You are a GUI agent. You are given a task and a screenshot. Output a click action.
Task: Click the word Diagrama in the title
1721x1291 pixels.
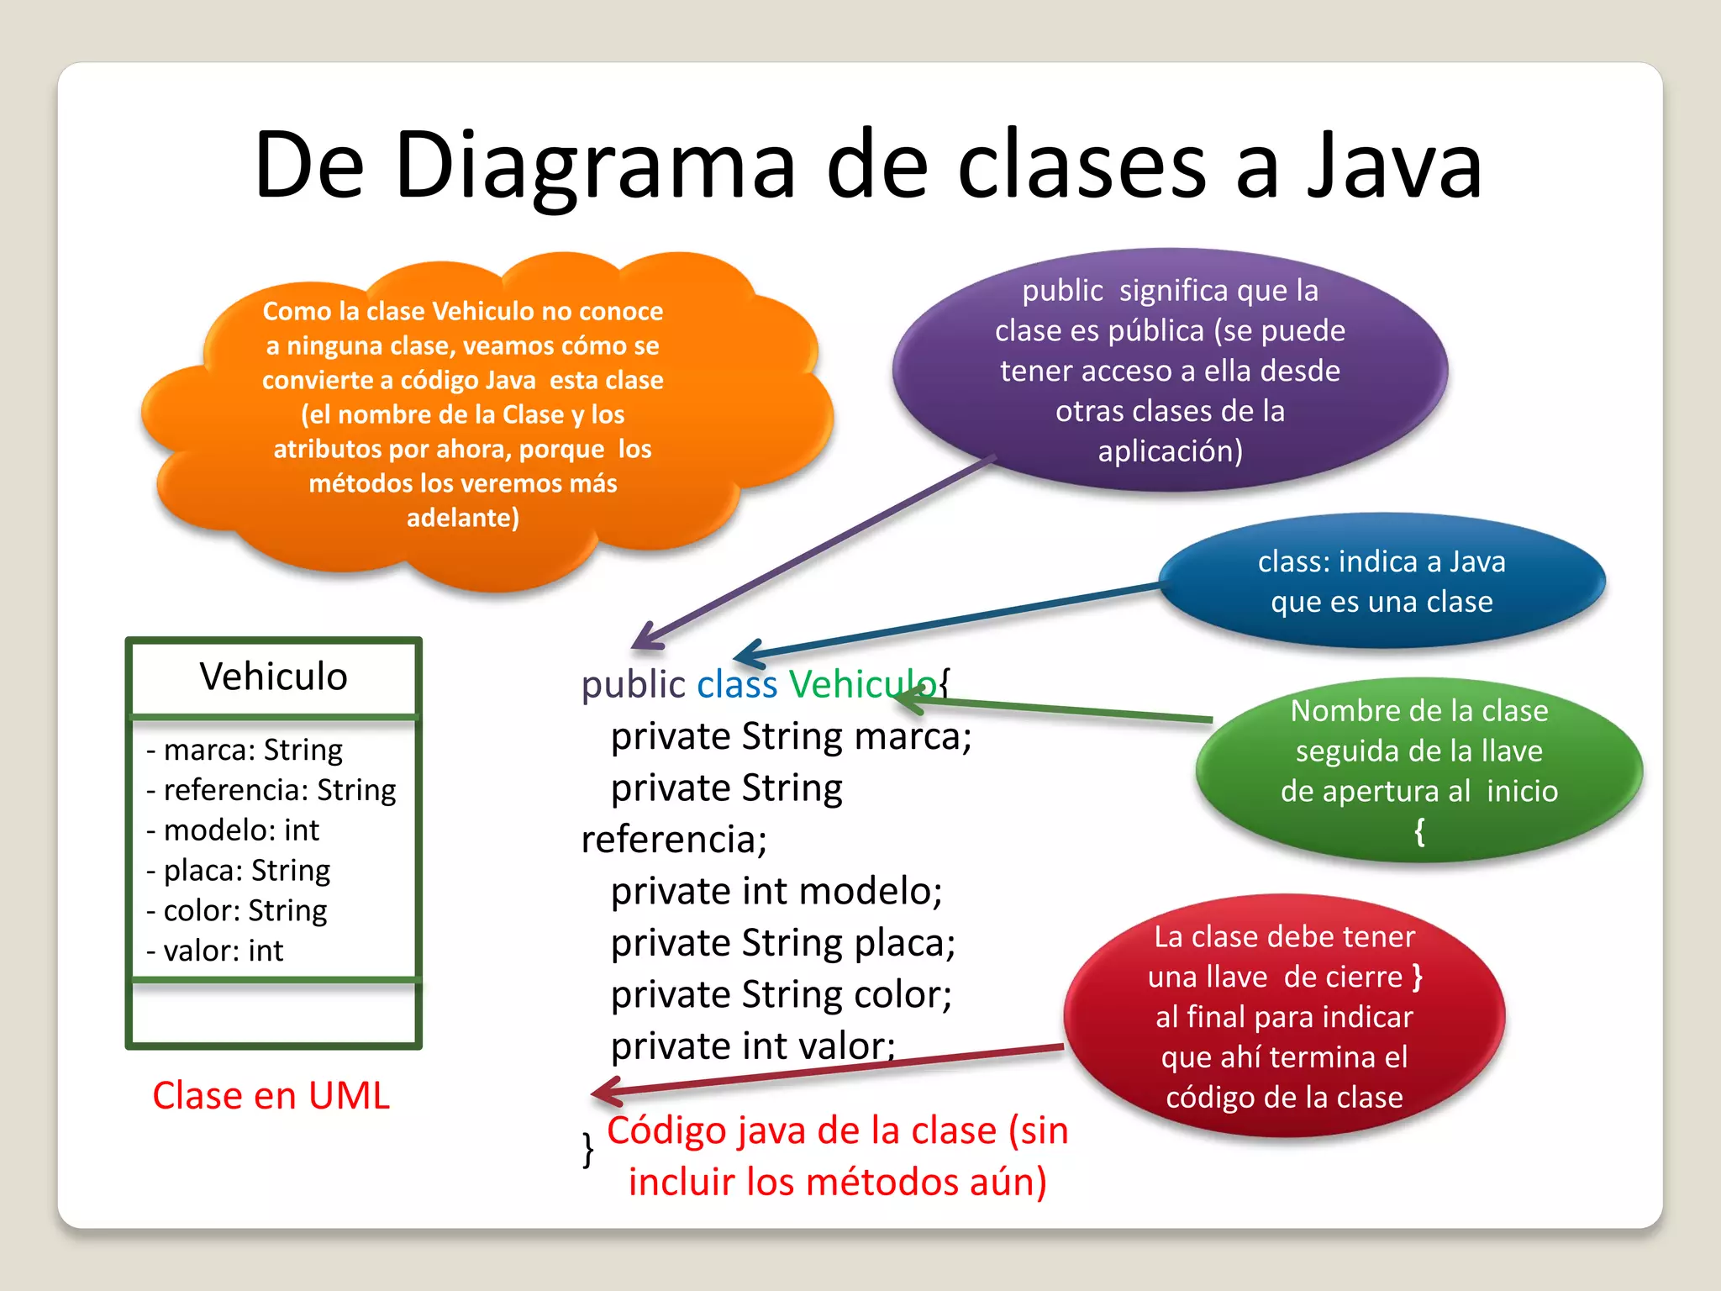pos(594,166)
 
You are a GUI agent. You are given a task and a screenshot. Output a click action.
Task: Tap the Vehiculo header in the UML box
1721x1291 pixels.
pos(273,677)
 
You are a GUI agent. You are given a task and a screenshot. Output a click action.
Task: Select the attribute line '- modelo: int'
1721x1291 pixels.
pos(233,830)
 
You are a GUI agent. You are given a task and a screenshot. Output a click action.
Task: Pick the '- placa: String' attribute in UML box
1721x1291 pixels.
pos(239,871)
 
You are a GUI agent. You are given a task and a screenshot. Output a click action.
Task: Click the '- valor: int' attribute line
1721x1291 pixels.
pos(215,951)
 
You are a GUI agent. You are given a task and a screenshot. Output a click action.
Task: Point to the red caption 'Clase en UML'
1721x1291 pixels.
pos(271,1096)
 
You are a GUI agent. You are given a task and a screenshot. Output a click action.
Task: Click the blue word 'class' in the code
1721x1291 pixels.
pos(737,685)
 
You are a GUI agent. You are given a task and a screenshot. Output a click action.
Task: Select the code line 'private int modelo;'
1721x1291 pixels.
pos(776,892)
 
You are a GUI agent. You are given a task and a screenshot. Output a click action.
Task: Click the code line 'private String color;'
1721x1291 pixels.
pos(782,995)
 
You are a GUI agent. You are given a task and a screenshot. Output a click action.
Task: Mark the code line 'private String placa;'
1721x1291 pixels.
pos(783,943)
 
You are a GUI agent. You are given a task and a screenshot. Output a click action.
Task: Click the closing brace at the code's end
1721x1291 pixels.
pos(588,1149)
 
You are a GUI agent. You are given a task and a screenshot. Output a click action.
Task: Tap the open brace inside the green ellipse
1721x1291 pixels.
pos(1419,832)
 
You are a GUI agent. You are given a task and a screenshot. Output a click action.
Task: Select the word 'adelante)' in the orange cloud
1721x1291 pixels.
pos(463,518)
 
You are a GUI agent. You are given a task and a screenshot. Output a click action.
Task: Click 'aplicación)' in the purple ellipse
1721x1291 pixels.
pos(1170,452)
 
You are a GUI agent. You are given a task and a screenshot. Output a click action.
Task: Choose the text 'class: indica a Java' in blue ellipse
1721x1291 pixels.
pos(1381,561)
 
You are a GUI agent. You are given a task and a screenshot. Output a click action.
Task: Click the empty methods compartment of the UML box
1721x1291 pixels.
pos(273,1014)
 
